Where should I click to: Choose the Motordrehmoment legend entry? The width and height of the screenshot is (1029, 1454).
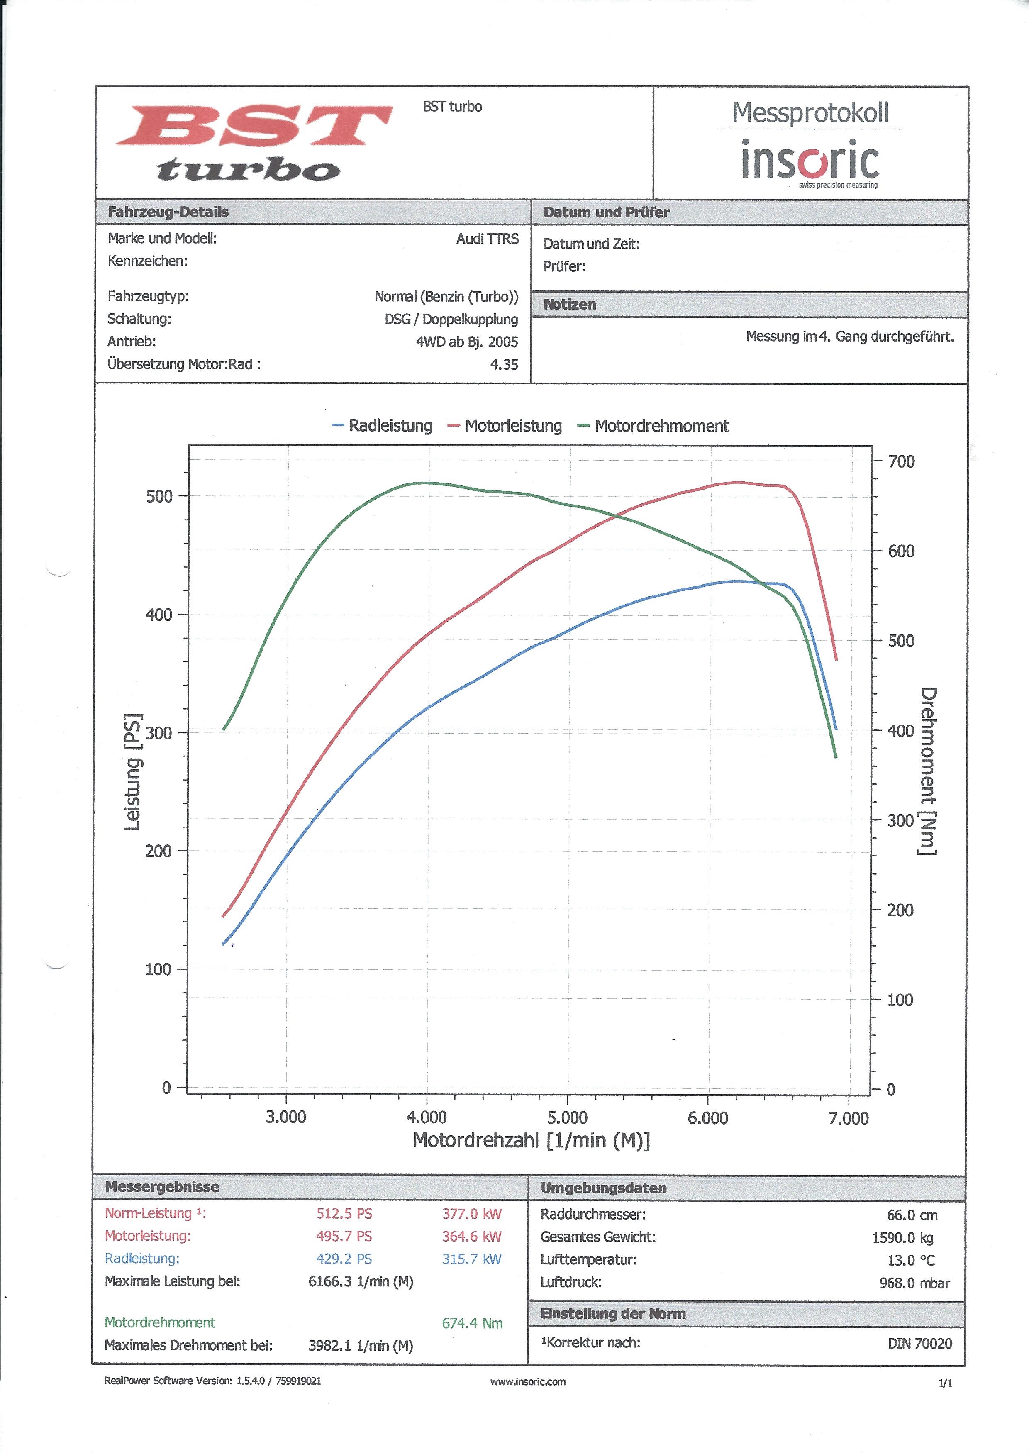pyautogui.click(x=654, y=426)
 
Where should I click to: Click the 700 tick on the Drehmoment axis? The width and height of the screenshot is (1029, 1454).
pyautogui.click(x=901, y=461)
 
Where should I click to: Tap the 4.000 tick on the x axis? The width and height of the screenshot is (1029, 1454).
pyautogui.click(x=427, y=1117)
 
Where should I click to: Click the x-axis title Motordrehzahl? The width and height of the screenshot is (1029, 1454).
pyautogui.click(x=531, y=1140)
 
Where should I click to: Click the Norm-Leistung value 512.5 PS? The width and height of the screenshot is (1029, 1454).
pyautogui.click(x=344, y=1214)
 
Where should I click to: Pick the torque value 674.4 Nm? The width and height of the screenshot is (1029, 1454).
pyautogui.click(x=472, y=1323)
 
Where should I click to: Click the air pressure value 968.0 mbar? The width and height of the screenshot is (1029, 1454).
pyautogui.click(x=914, y=1283)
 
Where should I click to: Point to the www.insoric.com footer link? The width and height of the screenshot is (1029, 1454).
pyautogui.click(x=528, y=1382)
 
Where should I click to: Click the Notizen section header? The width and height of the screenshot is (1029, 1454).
pyautogui.click(x=570, y=305)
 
